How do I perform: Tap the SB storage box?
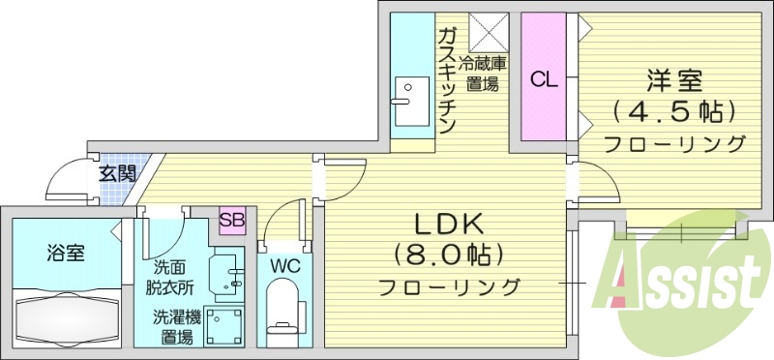coord(231,220)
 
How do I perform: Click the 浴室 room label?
coord(65,254)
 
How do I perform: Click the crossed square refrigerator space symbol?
coord(489,31)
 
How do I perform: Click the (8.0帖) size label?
coord(448,255)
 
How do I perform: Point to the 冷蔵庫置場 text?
coord(482,75)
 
